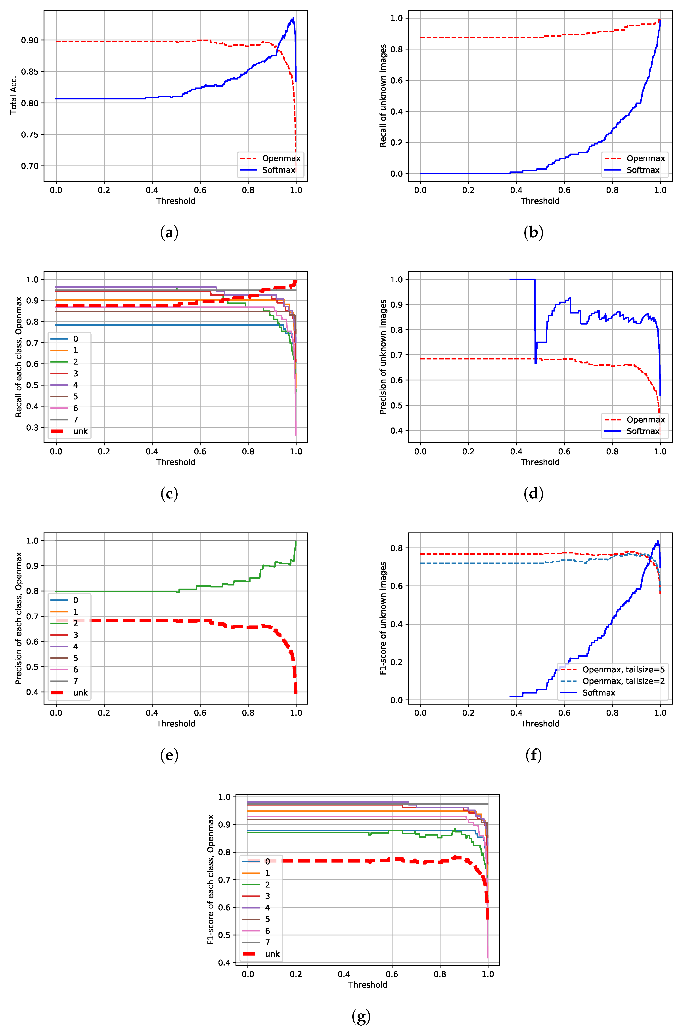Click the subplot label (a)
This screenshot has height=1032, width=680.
[169, 233]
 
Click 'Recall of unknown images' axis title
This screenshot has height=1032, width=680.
[383, 95]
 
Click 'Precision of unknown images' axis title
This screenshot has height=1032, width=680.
[383, 356]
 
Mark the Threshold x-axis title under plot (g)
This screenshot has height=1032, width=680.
[368, 985]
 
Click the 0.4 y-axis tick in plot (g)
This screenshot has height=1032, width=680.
[224, 963]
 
